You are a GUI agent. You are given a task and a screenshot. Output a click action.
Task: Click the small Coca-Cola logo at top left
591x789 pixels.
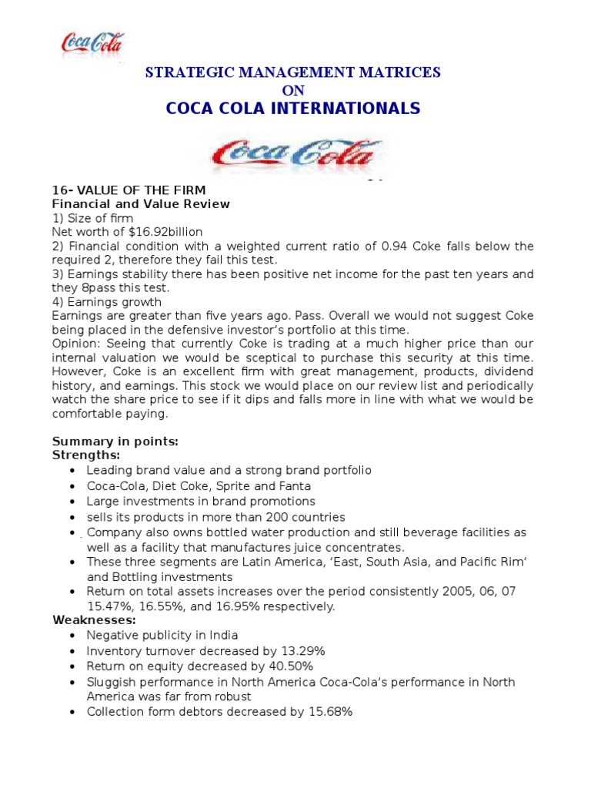click(92, 43)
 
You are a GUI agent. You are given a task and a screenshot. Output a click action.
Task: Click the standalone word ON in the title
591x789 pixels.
click(294, 90)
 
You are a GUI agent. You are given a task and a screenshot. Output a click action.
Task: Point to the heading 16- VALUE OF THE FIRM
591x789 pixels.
click(129, 190)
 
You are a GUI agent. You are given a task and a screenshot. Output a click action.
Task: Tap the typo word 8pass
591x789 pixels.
click(95, 287)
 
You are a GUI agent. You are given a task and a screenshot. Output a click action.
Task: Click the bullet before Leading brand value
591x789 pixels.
click(72, 471)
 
